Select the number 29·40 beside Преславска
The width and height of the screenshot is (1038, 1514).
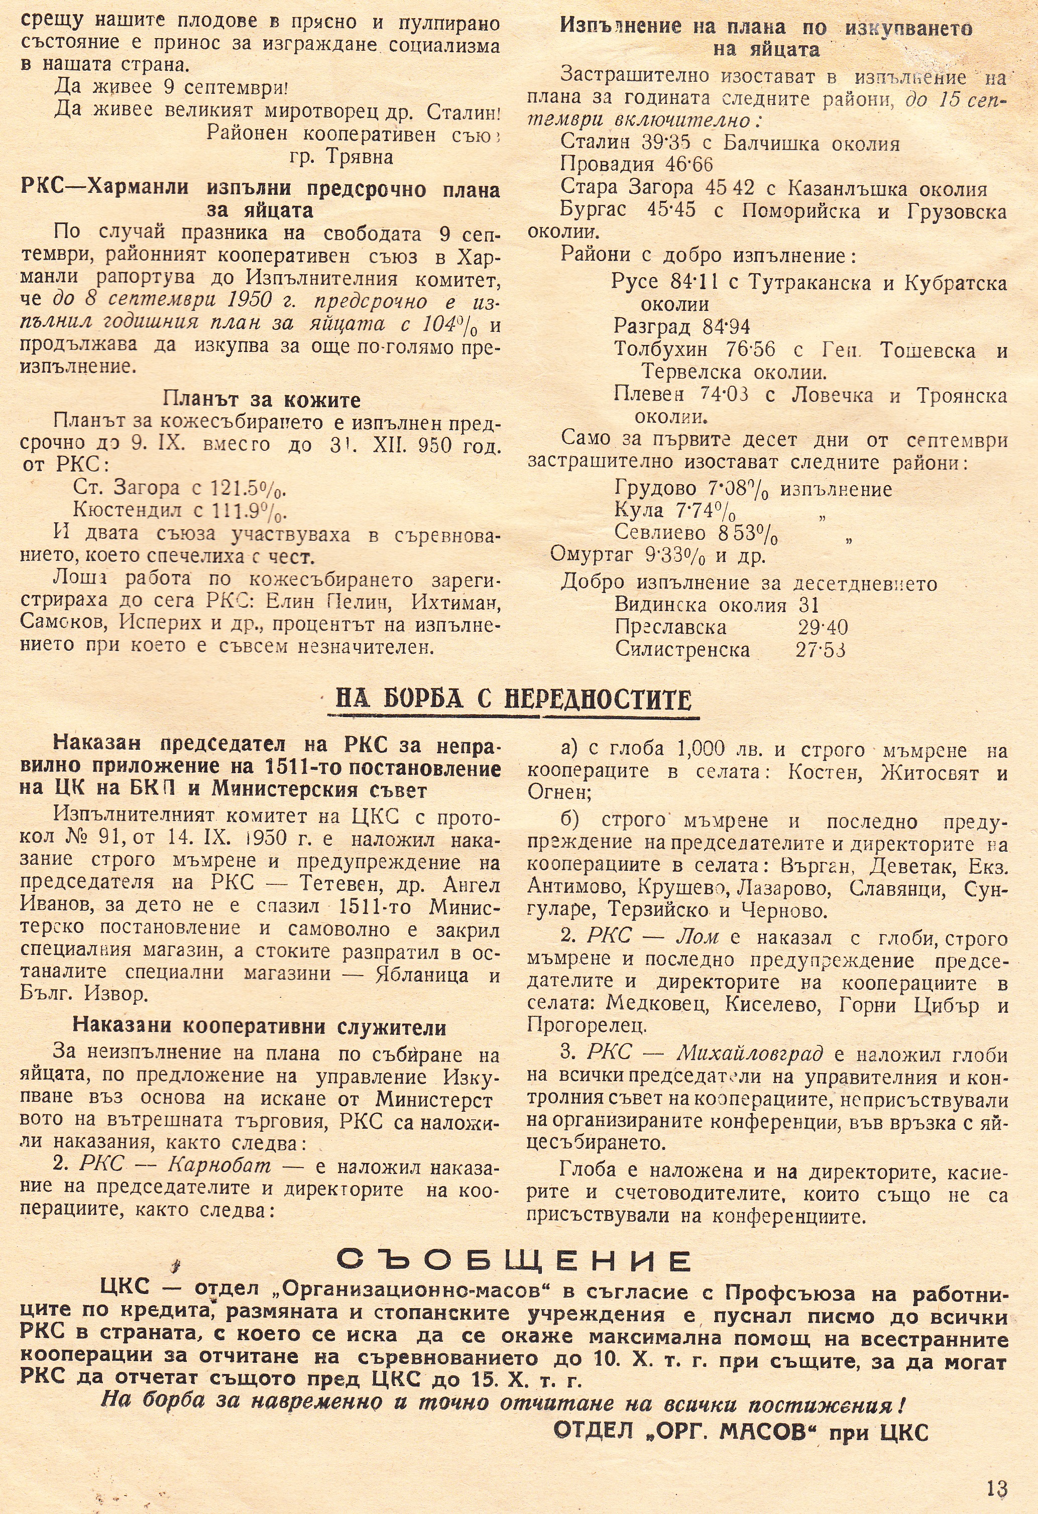point(823,627)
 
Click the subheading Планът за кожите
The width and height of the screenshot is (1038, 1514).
point(261,399)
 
